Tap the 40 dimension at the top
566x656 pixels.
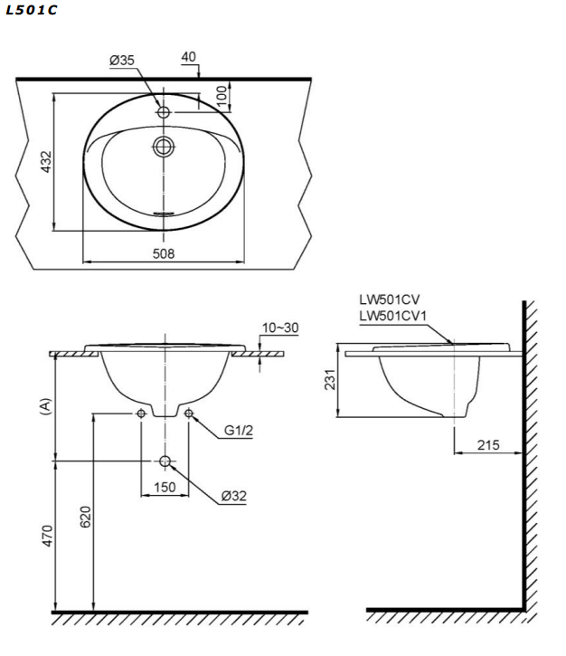click(x=188, y=57)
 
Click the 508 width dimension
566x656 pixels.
click(x=164, y=253)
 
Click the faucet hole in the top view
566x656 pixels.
click(x=164, y=112)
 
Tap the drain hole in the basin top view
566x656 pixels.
click(x=164, y=146)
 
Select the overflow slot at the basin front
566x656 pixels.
click(x=164, y=214)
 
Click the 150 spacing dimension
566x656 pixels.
click(x=164, y=488)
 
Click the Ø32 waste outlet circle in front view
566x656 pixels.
click(x=165, y=462)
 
